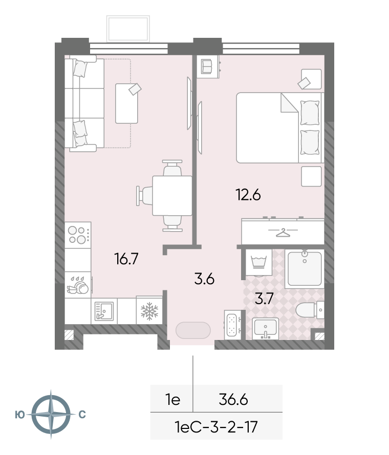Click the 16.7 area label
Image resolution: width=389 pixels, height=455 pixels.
(126, 259)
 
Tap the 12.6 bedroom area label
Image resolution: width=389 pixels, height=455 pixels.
(248, 195)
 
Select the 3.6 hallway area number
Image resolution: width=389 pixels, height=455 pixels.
(204, 279)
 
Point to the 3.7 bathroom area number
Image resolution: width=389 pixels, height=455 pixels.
(264, 298)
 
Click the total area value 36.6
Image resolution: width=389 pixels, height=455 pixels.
(233, 400)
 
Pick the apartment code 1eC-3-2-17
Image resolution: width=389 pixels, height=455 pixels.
(216, 427)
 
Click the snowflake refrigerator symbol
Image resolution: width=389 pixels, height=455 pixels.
(149, 311)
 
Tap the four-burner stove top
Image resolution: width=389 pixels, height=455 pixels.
(78, 235)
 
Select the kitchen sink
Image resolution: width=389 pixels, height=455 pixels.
(104, 311)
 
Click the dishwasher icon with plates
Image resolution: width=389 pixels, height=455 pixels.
(78, 285)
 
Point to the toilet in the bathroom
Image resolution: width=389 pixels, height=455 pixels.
(309, 310)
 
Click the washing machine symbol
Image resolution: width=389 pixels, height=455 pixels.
(258, 262)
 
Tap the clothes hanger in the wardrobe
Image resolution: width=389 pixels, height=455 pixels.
(283, 233)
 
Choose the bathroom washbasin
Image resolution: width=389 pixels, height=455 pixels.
(266, 329)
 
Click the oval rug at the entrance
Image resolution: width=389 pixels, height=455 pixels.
(193, 330)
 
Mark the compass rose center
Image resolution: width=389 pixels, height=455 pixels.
(51, 414)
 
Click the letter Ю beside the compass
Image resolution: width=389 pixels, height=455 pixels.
(20, 415)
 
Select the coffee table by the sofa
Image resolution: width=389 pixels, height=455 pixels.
(126, 104)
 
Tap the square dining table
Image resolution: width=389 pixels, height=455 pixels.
(172, 196)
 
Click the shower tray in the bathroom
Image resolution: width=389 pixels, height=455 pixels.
(305, 269)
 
